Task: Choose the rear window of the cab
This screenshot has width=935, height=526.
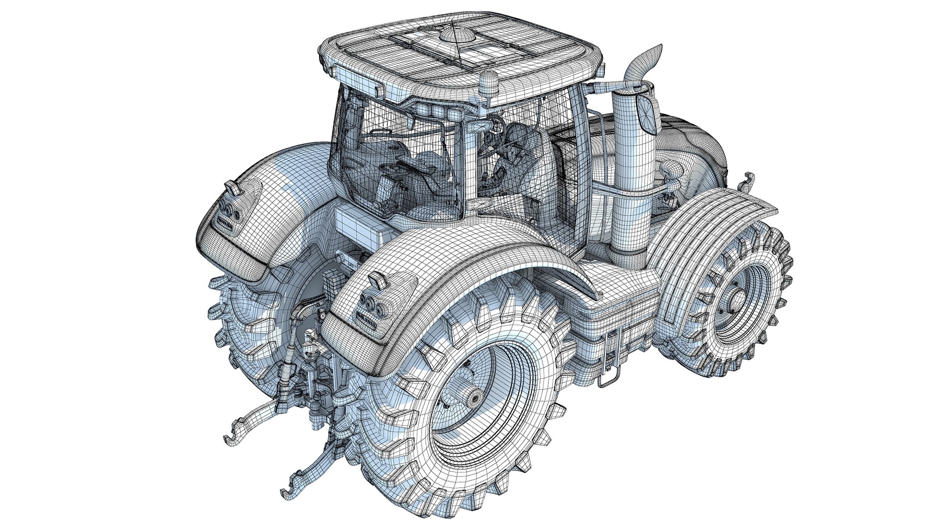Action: (370, 161)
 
